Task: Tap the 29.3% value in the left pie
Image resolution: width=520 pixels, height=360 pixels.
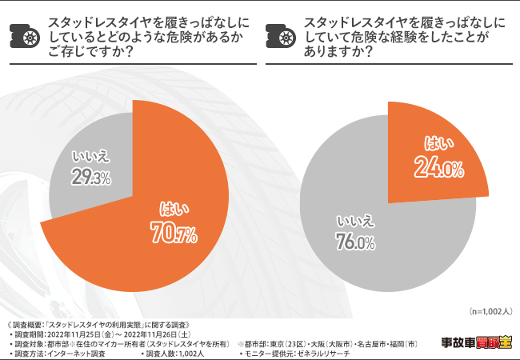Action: click(x=90, y=178)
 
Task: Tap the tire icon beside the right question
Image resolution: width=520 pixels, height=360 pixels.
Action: click(x=282, y=34)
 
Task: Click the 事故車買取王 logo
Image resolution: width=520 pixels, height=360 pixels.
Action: click(x=477, y=343)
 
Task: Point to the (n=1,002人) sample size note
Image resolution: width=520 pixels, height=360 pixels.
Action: click(x=489, y=310)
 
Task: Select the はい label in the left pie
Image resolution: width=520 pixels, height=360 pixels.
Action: click(x=171, y=210)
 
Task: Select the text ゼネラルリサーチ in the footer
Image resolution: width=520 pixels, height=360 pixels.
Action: click(x=323, y=353)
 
